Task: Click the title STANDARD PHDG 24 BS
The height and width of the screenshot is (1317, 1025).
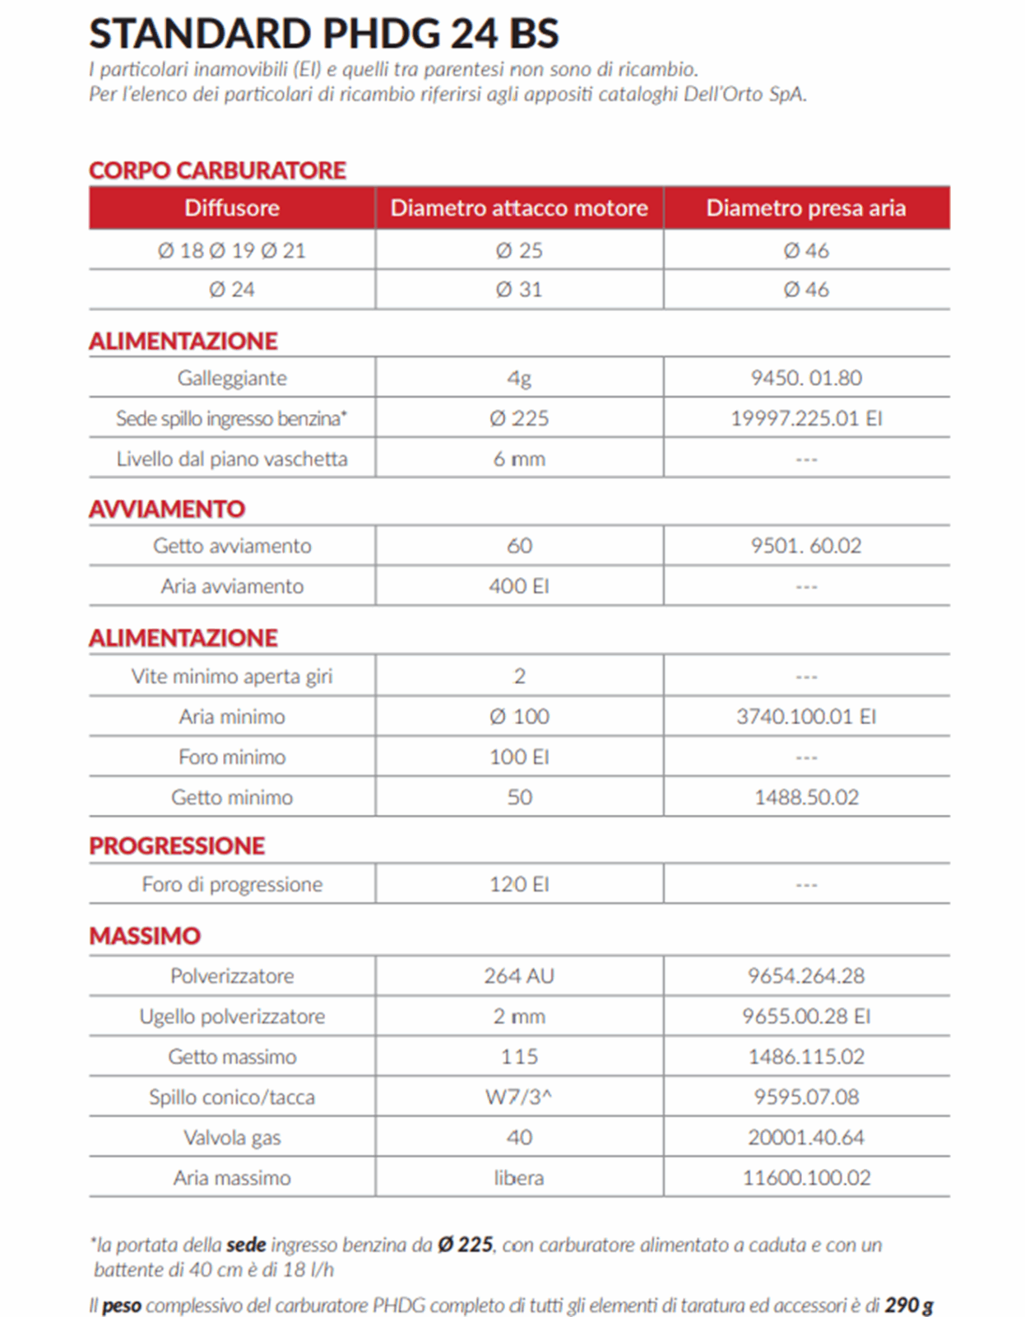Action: tap(323, 34)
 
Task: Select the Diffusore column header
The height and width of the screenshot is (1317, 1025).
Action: tap(231, 207)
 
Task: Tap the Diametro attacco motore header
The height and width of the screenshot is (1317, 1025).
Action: tap(519, 207)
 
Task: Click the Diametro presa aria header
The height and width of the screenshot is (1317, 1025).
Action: tap(805, 207)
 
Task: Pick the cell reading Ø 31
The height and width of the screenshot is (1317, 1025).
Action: tap(519, 290)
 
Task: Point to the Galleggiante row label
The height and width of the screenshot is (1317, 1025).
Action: tap(232, 378)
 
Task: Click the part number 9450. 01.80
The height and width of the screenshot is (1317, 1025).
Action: tap(806, 378)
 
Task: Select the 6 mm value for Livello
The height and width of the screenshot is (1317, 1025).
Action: tap(519, 458)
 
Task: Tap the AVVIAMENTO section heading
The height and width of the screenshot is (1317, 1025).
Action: tap(167, 509)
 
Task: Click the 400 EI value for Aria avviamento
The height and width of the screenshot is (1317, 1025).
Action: tap(519, 586)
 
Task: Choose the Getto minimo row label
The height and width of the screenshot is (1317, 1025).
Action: tap(232, 797)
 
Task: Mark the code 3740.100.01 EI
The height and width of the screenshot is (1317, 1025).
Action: tap(806, 716)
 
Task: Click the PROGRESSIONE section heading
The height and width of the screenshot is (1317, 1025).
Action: tap(177, 845)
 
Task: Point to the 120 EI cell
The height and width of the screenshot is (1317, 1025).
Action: tap(519, 884)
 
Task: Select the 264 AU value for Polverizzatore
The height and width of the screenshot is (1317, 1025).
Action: tap(519, 975)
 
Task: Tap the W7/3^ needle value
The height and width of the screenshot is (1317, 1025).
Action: tap(519, 1096)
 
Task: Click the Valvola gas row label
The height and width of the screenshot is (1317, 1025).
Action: tap(232, 1138)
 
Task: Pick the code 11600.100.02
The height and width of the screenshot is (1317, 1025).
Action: tap(806, 1178)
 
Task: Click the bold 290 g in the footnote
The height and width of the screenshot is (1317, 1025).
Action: tap(908, 1305)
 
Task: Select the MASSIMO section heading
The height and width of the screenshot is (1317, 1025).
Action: tap(145, 936)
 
